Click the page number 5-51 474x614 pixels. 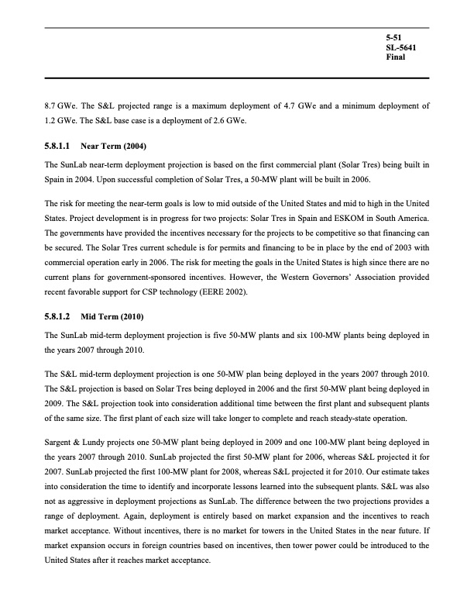tap(394, 38)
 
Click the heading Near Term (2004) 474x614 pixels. tap(114, 147)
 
